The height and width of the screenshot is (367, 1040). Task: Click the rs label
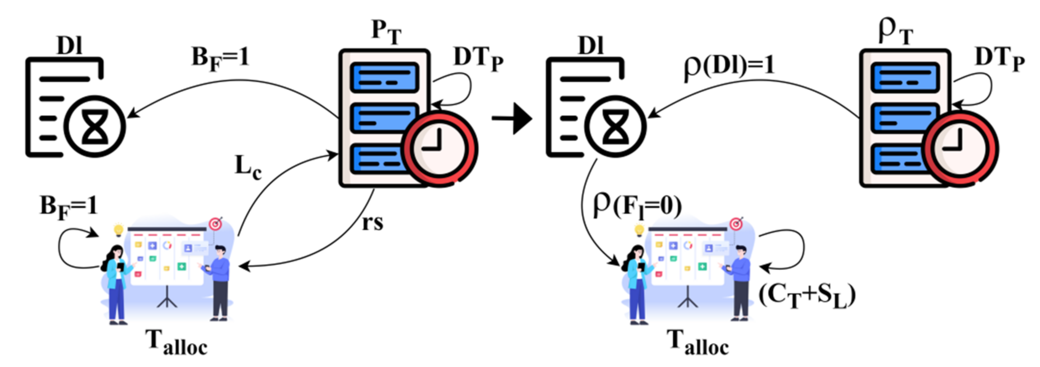372,223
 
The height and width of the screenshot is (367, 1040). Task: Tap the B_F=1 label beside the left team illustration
69,207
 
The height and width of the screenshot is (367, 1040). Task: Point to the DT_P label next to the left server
478,59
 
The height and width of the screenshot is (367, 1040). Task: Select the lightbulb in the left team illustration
118,230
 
